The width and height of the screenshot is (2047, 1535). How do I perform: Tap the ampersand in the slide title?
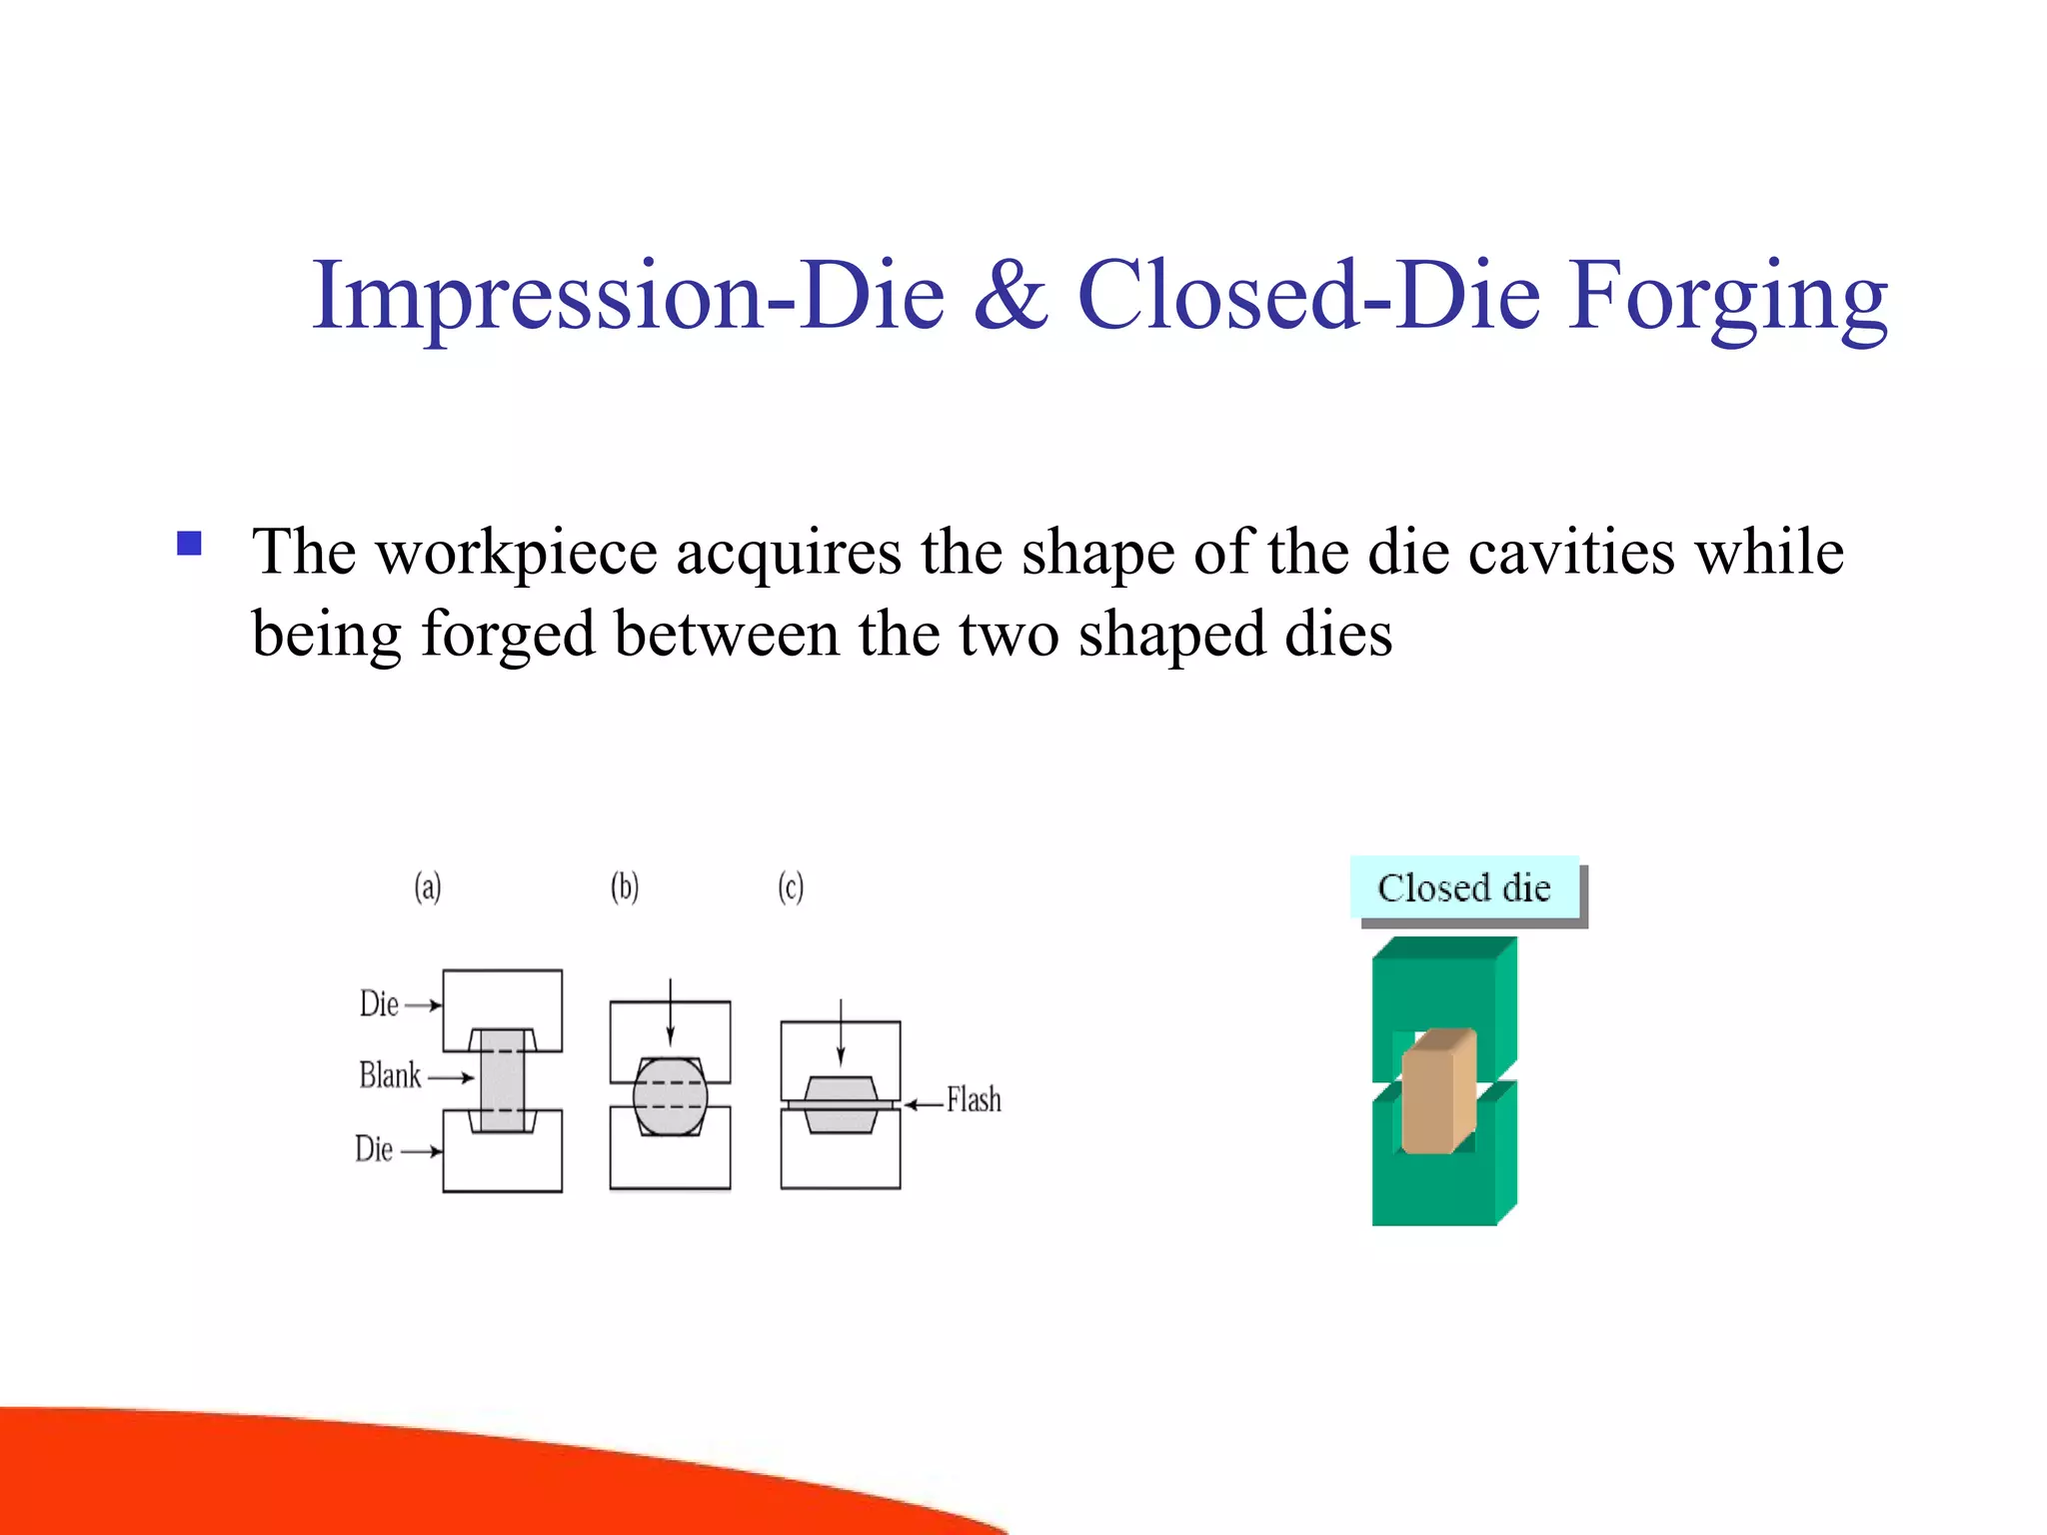[x=1011, y=296]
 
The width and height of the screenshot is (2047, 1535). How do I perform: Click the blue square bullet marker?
[x=189, y=543]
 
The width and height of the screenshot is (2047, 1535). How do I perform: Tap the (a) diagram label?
[x=428, y=886]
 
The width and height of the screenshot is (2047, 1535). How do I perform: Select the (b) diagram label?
[x=625, y=886]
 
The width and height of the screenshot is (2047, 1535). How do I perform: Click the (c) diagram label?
[x=791, y=886]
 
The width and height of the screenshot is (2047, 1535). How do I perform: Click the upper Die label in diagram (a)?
[x=379, y=1004]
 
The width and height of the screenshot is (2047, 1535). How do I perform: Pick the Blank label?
[x=390, y=1076]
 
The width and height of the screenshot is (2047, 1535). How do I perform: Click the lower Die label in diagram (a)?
[x=374, y=1149]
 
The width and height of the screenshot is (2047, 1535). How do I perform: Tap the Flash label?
[x=974, y=1100]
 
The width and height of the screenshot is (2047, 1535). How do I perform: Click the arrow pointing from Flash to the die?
[x=925, y=1104]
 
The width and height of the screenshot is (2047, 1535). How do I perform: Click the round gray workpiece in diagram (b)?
[x=670, y=1096]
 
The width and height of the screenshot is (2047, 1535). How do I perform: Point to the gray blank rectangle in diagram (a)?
[x=502, y=1080]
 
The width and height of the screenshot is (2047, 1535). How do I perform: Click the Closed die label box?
[x=1464, y=887]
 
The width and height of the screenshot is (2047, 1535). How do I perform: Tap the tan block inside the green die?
[x=1437, y=1092]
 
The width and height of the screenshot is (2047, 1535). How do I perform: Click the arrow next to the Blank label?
[x=450, y=1077]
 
